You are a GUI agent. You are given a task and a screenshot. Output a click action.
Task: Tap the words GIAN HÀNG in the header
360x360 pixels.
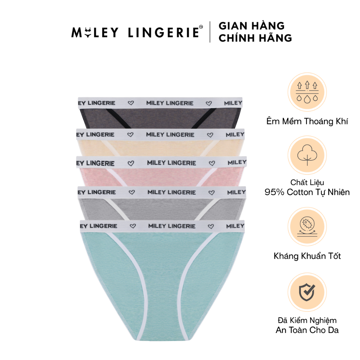251,26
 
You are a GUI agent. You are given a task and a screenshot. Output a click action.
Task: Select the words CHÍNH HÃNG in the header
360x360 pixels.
255,38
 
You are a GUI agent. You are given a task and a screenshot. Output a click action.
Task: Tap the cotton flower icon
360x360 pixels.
307,155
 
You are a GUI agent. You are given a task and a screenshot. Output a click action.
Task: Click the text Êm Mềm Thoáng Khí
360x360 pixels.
307,122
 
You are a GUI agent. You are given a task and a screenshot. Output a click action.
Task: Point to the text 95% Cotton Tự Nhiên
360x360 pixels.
307,192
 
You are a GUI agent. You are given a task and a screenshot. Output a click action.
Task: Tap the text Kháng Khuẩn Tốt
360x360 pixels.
307,256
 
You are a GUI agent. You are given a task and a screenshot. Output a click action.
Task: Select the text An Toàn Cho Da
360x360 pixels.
307,330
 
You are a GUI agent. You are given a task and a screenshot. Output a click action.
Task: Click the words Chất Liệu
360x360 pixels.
307,182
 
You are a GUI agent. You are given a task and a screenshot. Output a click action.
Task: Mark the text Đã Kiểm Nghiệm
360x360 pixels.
307,320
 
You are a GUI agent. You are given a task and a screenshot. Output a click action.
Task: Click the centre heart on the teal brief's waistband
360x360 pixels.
211,226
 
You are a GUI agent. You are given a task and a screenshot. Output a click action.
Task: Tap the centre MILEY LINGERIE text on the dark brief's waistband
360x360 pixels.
170,103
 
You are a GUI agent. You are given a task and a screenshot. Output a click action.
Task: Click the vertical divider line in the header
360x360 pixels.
210,32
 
